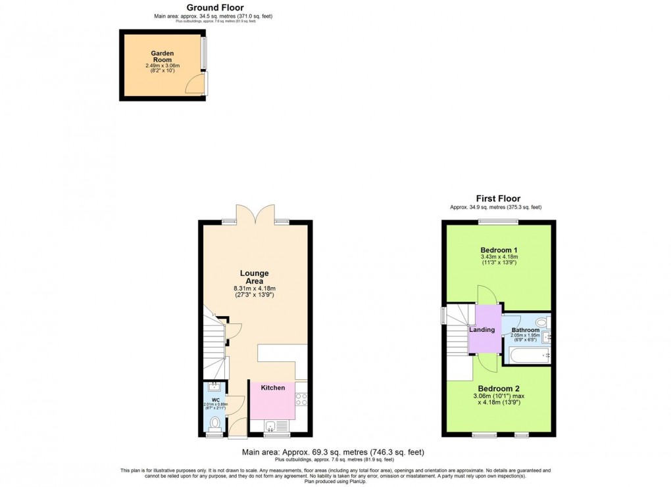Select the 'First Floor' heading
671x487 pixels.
click(498, 198)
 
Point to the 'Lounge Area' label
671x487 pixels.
click(254, 277)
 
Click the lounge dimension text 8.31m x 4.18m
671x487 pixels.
click(254, 288)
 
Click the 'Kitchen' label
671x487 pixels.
click(272, 388)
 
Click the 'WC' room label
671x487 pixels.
click(215, 398)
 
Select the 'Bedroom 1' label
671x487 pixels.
click(499, 250)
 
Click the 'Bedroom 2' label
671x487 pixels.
click(499, 388)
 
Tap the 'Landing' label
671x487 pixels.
click(482, 330)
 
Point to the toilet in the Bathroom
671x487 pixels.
click(541, 322)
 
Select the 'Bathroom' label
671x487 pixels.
click(525, 330)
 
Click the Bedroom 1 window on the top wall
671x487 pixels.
click(498, 221)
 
